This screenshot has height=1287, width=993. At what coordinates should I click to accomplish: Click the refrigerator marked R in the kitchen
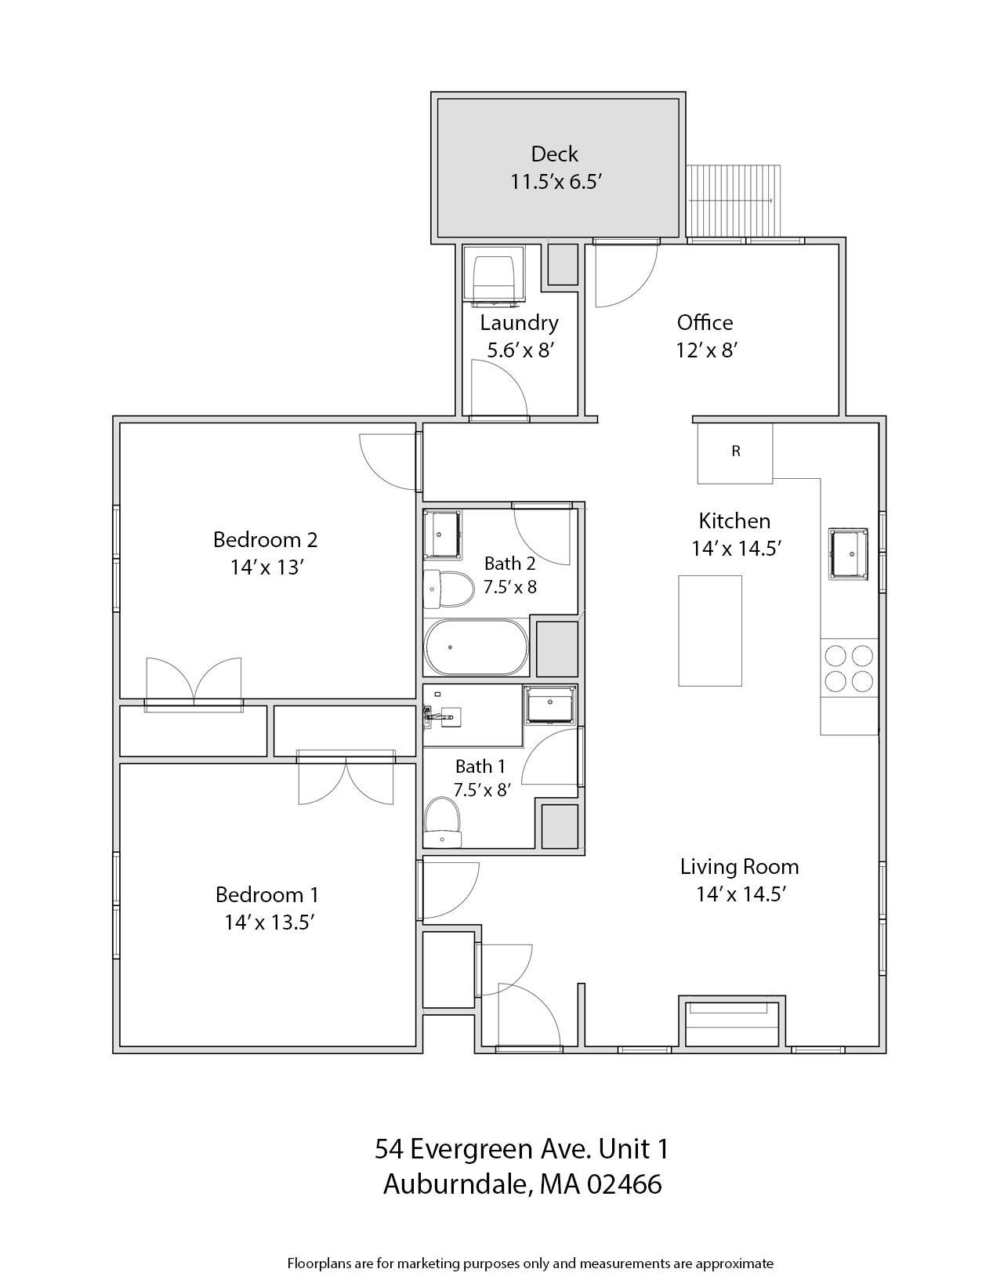click(734, 452)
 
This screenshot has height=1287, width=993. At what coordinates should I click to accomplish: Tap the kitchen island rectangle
click(709, 630)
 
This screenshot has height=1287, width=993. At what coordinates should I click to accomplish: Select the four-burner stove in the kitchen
click(849, 668)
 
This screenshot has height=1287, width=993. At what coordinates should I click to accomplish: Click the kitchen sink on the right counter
click(848, 553)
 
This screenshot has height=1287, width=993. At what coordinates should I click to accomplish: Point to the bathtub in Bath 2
click(476, 647)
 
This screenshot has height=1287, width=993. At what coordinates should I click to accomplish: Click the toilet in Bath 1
click(442, 822)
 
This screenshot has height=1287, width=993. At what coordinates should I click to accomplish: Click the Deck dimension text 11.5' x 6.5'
click(555, 182)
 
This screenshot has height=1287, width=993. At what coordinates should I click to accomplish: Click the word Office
click(705, 323)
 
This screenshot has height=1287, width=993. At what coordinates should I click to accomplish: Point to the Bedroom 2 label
click(265, 539)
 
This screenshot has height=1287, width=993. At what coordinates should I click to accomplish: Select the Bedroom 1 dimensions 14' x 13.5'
click(269, 923)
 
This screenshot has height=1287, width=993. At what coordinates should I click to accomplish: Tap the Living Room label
click(739, 867)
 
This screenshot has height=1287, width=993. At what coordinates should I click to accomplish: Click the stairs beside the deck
click(734, 200)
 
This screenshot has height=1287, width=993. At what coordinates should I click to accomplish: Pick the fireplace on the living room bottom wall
click(731, 1023)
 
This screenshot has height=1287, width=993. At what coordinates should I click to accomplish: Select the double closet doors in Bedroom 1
click(346, 780)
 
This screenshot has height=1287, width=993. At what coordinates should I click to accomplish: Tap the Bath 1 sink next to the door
click(550, 704)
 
